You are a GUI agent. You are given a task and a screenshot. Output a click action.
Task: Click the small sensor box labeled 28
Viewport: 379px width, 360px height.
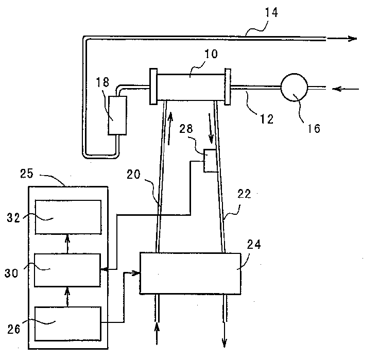click(x=210, y=160)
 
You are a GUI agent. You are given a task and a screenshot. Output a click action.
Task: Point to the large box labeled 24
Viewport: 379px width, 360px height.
click(x=190, y=273)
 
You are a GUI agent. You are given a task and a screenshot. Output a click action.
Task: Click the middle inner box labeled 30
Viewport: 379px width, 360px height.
click(x=67, y=269)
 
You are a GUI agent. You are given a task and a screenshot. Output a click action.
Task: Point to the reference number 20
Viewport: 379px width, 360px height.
click(x=134, y=175)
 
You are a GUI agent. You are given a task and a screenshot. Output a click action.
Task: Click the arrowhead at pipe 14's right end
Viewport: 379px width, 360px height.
click(x=352, y=39)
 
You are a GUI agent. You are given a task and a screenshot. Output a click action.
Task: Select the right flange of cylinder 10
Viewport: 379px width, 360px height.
click(x=227, y=87)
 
